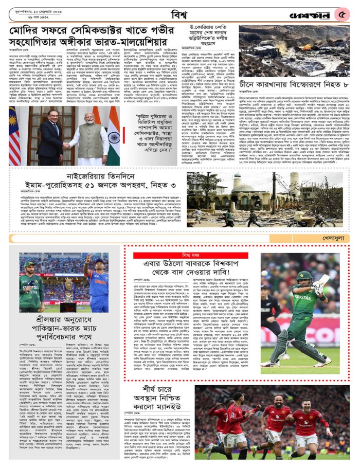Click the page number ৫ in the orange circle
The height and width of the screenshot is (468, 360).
pos(342,14)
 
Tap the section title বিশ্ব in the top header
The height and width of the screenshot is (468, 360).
pos(180,12)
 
